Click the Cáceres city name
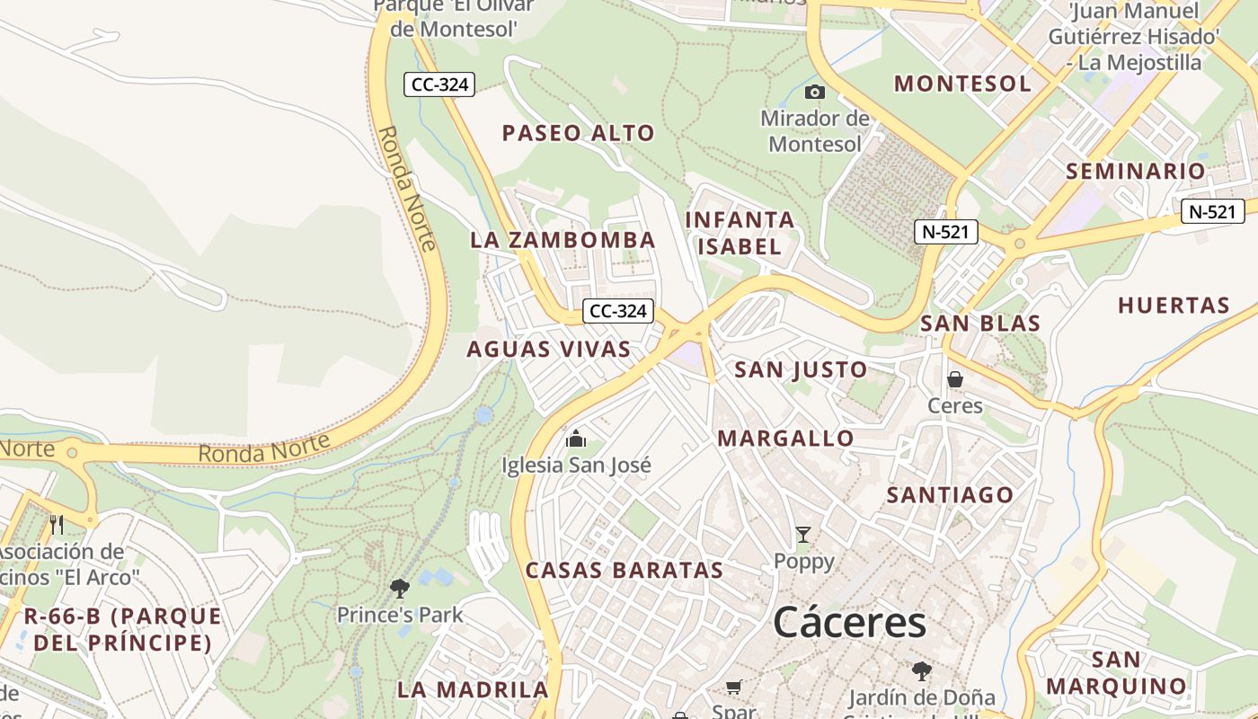[x=849, y=622]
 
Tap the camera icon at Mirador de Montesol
[x=815, y=92]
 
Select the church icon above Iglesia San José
[x=576, y=439]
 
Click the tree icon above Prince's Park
[x=400, y=589]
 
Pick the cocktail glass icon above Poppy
[x=803, y=536]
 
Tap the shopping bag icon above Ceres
[x=955, y=379]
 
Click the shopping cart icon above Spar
[x=734, y=688]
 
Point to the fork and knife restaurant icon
[x=57, y=524]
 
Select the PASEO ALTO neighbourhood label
[x=579, y=133]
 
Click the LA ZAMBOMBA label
[x=563, y=240]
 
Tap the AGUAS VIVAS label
[x=549, y=350]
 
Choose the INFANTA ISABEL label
[x=740, y=233]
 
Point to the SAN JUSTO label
[x=801, y=369]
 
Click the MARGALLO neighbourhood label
[x=786, y=439]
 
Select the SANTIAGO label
[x=950, y=494]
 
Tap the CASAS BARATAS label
[x=625, y=570]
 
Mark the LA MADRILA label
[x=473, y=689]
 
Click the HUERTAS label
[x=1174, y=306]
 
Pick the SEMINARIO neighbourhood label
[x=1136, y=171]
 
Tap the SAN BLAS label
[x=980, y=324]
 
